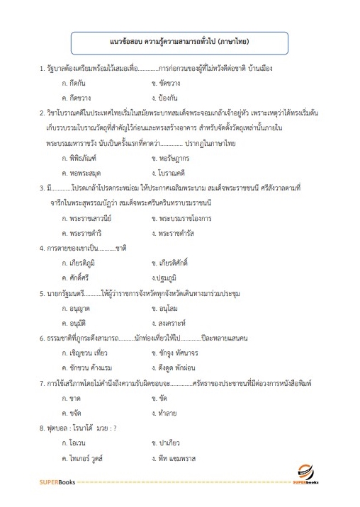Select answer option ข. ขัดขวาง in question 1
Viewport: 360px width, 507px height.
tap(171, 83)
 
